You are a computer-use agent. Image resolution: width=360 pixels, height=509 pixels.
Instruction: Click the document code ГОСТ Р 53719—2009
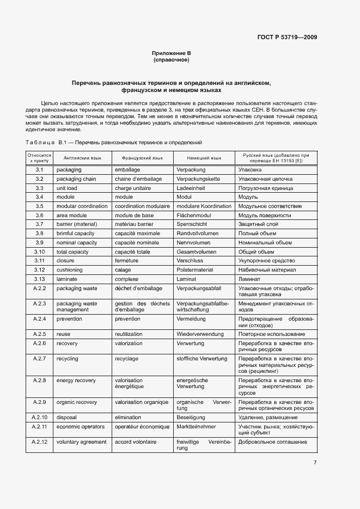287,38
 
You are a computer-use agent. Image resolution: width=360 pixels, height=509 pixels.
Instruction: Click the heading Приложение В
171,53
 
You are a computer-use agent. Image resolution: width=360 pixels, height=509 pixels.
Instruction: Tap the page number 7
315,463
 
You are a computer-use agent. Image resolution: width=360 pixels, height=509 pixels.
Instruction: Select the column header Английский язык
82,158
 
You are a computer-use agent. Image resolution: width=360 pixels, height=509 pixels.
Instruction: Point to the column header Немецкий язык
204,158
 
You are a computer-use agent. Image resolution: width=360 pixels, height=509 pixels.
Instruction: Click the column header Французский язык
142,158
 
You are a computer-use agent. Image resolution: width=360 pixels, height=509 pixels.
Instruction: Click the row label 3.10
39,252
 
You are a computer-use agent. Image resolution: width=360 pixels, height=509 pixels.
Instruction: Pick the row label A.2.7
39,359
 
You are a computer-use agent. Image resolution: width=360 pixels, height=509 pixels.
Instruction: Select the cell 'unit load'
67,188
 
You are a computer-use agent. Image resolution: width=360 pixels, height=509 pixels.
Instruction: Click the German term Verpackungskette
198,179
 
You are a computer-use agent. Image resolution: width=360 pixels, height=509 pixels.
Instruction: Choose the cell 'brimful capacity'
77,234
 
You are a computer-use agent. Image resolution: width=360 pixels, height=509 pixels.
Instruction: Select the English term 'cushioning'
70,270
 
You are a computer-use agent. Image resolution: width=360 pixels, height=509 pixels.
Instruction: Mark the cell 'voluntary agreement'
81,442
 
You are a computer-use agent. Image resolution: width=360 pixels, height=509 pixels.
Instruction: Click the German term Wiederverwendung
202,334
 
